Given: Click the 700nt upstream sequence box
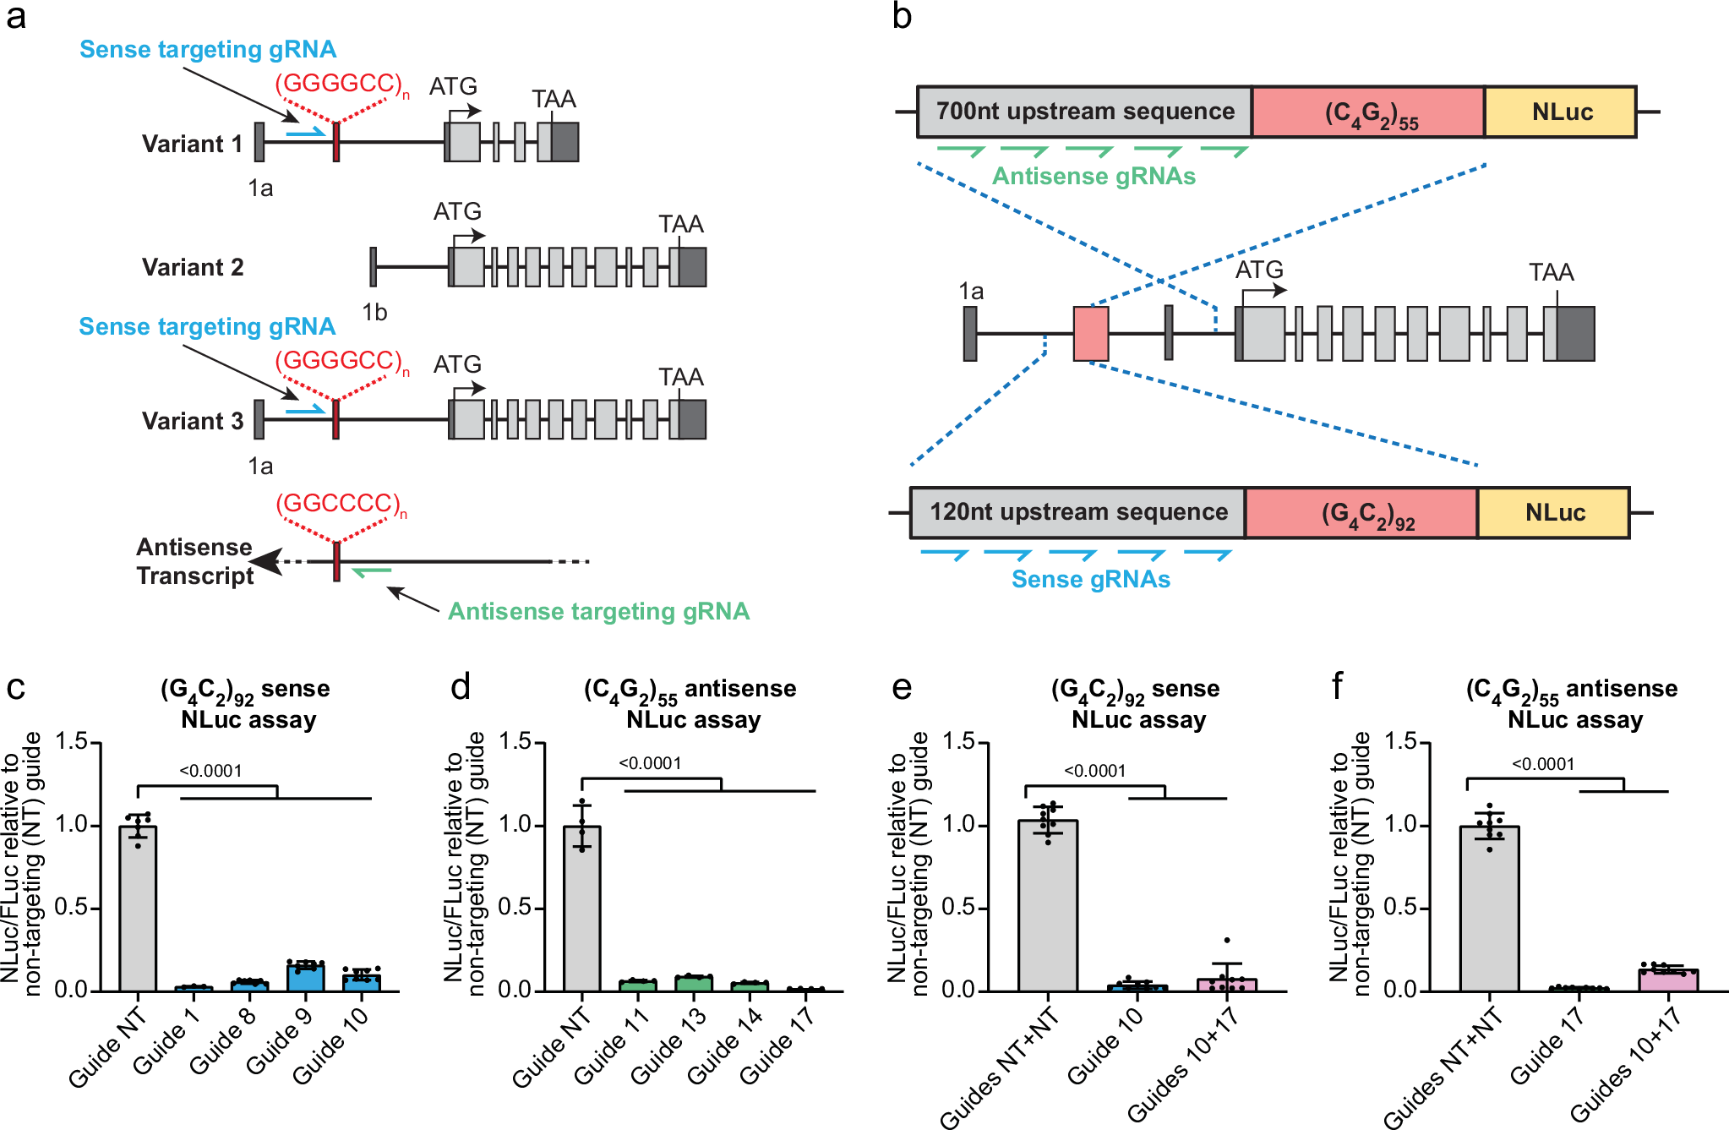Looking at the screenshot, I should click(1084, 112).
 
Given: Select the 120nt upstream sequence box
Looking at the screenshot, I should click(1077, 512).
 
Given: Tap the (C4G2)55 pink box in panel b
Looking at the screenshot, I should click(1368, 112).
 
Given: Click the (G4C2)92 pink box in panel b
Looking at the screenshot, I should click(1361, 512).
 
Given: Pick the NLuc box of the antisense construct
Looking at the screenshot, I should click(1561, 112).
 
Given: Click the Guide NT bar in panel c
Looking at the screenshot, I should click(138, 909).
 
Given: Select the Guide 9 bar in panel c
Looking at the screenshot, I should click(305, 977).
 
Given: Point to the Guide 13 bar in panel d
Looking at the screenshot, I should click(694, 983).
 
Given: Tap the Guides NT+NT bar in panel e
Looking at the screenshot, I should click(1048, 904).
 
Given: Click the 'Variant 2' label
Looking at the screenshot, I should click(193, 268).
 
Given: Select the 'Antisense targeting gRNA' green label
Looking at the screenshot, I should click(598, 611).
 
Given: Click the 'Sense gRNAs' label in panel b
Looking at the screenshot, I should click(1091, 579).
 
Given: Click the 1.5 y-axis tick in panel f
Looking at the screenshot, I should click(1400, 742).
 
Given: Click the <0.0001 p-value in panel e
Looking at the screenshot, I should click(1094, 771).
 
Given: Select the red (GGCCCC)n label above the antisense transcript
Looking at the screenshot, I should click(341, 504).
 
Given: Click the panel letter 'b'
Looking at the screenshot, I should click(902, 17).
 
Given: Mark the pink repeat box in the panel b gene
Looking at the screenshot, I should click(1090, 334).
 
